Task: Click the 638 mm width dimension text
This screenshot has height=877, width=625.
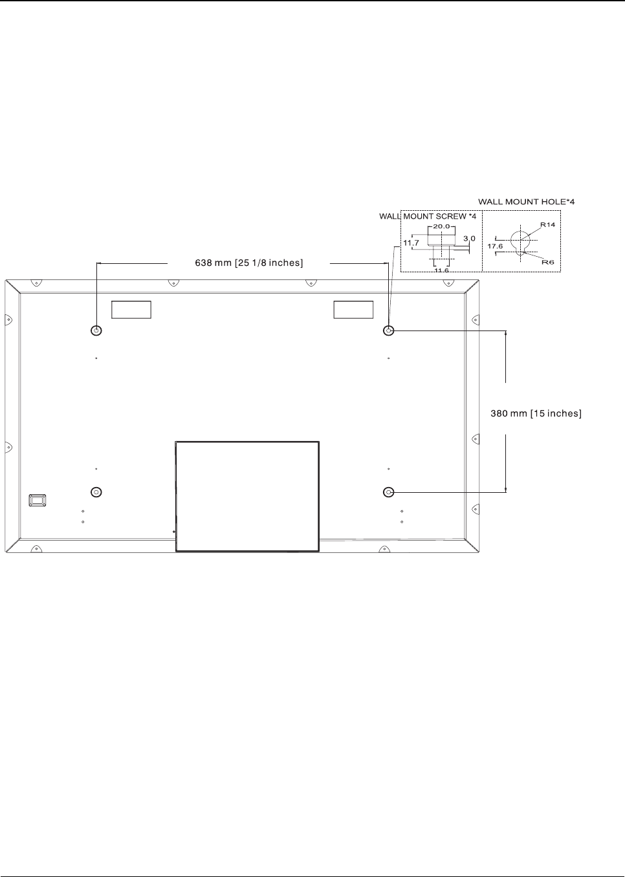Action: (x=249, y=263)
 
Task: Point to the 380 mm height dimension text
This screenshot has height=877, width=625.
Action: (x=536, y=413)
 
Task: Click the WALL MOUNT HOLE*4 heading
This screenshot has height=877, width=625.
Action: (x=526, y=202)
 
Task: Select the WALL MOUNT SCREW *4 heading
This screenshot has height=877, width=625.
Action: (x=428, y=217)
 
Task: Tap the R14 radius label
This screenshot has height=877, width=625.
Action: (x=548, y=224)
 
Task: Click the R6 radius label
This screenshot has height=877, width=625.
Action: (x=548, y=262)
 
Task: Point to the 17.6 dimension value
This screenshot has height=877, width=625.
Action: (x=495, y=246)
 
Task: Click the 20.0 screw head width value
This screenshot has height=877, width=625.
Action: (x=441, y=226)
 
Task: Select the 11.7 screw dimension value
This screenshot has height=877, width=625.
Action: (x=411, y=243)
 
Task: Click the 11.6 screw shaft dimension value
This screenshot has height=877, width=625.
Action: (x=441, y=270)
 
